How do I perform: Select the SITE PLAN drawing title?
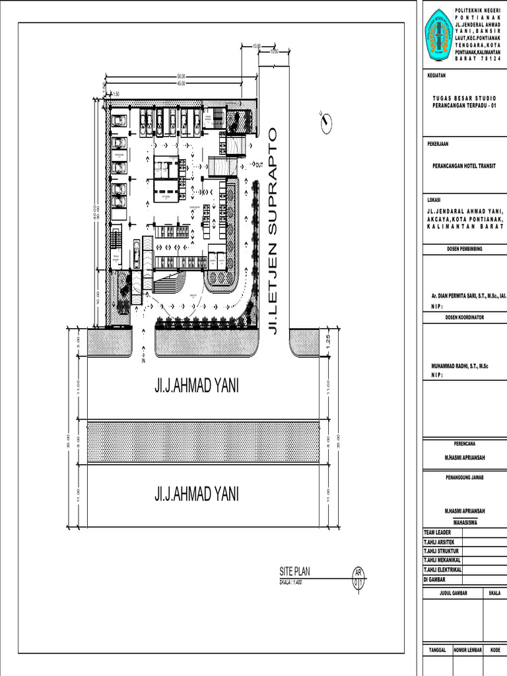point(294,572)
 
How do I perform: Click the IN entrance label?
point(143,361)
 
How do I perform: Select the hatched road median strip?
point(209,441)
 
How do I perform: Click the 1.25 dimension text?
point(327,341)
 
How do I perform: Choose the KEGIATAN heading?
point(437,76)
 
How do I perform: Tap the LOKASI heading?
point(434,199)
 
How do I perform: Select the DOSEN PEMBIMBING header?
point(464,249)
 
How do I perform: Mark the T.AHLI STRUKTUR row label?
point(441,551)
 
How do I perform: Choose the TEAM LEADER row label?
point(438,533)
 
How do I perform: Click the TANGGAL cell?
point(437,650)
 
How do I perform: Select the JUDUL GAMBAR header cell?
point(453,593)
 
